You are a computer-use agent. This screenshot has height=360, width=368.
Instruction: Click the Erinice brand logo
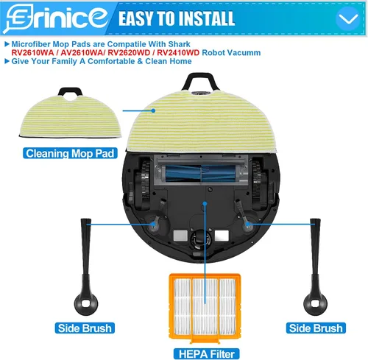click(57, 18)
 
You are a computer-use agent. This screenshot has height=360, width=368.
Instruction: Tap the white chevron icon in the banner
click(348, 18)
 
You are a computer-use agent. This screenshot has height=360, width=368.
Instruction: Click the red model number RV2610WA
click(32, 53)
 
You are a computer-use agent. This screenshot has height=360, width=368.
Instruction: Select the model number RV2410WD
click(178, 53)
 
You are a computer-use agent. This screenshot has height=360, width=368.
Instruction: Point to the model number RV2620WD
click(129, 53)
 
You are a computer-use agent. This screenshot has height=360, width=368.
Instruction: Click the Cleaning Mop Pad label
click(70, 153)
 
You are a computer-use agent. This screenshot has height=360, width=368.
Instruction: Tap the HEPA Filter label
click(207, 354)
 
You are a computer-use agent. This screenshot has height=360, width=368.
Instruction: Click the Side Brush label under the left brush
click(85, 328)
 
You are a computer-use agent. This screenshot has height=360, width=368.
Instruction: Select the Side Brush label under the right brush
click(316, 328)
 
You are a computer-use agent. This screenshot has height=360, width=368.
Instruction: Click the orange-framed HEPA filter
click(205, 308)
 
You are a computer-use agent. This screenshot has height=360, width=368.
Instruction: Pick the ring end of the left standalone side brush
click(86, 303)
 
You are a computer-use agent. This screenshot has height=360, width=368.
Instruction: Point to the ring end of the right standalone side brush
click(315, 303)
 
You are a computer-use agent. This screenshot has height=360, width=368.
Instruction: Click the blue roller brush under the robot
click(200, 174)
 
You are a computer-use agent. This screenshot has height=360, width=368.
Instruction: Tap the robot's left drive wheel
click(145, 183)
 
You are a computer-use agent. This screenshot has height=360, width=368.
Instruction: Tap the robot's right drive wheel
click(256, 183)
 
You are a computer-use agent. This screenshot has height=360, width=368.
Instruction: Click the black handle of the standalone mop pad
click(70, 92)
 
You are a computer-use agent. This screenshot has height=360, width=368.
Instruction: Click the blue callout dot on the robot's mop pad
click(153, 110)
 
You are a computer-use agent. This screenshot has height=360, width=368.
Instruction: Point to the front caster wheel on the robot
click(201, 238)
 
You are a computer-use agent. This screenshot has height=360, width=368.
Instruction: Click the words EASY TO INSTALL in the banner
click(177, 18)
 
